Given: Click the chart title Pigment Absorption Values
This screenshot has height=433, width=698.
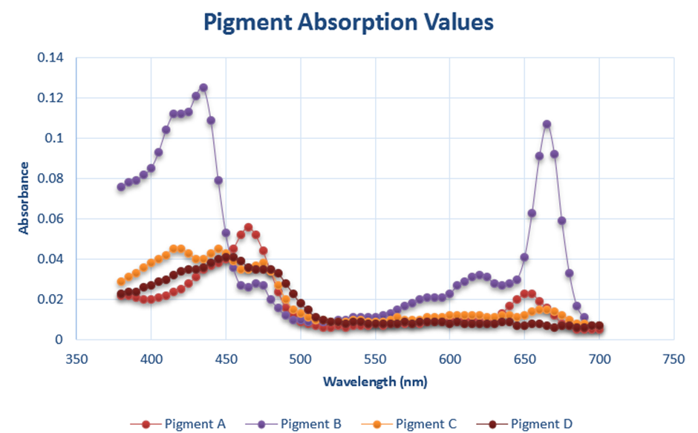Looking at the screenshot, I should point(348,22).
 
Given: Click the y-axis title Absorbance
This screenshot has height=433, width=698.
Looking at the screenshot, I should point(24,198).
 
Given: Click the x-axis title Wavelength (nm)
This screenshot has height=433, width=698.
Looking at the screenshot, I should point(375,382).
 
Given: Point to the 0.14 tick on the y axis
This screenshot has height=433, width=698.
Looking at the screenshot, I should point(50,58).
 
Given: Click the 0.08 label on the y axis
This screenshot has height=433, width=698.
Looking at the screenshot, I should point(50,178).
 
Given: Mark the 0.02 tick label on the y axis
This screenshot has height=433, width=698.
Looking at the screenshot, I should point(50,299).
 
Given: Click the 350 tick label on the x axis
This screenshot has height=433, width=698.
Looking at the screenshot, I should point(76,358).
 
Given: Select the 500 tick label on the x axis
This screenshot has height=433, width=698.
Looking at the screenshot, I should point(300,358).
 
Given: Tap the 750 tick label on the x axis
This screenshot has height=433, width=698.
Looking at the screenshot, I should point(673,358).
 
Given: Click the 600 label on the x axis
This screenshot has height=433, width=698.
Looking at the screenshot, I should point(449,358).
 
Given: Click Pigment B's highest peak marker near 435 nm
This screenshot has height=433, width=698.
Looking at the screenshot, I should point(203,88).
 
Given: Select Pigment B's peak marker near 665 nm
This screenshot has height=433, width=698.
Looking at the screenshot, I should point(547,124).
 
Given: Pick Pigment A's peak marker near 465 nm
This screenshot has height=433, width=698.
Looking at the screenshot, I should point(248,227).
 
